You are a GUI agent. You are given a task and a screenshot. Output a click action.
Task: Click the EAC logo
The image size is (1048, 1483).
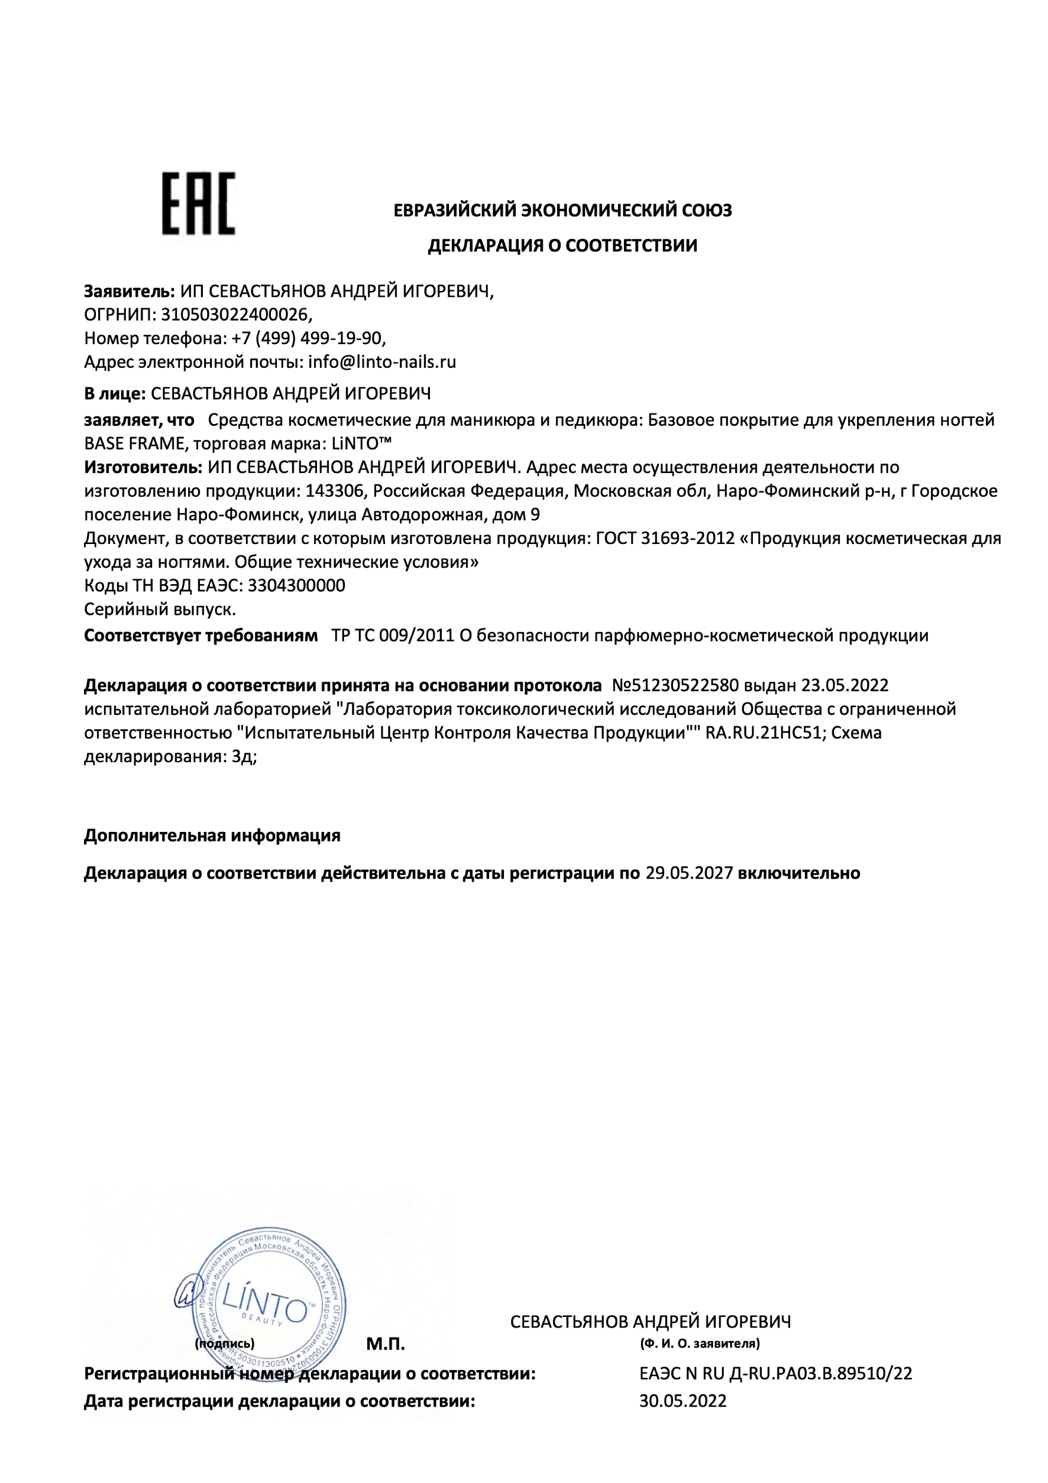click(x=198, y=203)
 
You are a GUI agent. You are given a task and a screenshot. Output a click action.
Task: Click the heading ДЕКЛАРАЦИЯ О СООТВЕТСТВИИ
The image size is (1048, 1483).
click(x=562, y=245)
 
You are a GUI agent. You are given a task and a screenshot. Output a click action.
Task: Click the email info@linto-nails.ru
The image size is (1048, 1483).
click(x=382, y=362)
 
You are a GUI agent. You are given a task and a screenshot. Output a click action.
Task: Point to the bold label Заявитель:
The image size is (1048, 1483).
click(x=129, y=292)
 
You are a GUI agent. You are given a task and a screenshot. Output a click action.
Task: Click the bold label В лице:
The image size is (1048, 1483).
click(x=115, y=393)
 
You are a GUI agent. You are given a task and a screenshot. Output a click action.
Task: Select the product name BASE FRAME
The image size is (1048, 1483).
click(x=134, y=443)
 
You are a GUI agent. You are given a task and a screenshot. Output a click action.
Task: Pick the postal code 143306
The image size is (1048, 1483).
click(x=335, y=491)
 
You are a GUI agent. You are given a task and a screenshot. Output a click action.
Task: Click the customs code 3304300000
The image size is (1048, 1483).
click(x=296, y=585)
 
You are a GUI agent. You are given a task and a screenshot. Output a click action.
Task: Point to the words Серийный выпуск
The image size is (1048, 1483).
click(x=160, y=609)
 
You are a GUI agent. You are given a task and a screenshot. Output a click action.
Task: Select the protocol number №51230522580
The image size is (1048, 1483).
click(x=675, y=685)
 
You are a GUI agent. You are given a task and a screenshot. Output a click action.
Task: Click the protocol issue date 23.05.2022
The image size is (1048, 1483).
click(x=845, y=685)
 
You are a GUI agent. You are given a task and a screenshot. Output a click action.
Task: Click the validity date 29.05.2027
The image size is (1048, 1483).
click(x=689, y=873)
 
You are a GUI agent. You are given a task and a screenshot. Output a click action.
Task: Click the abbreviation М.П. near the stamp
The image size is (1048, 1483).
click(x=385, y=1344)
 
